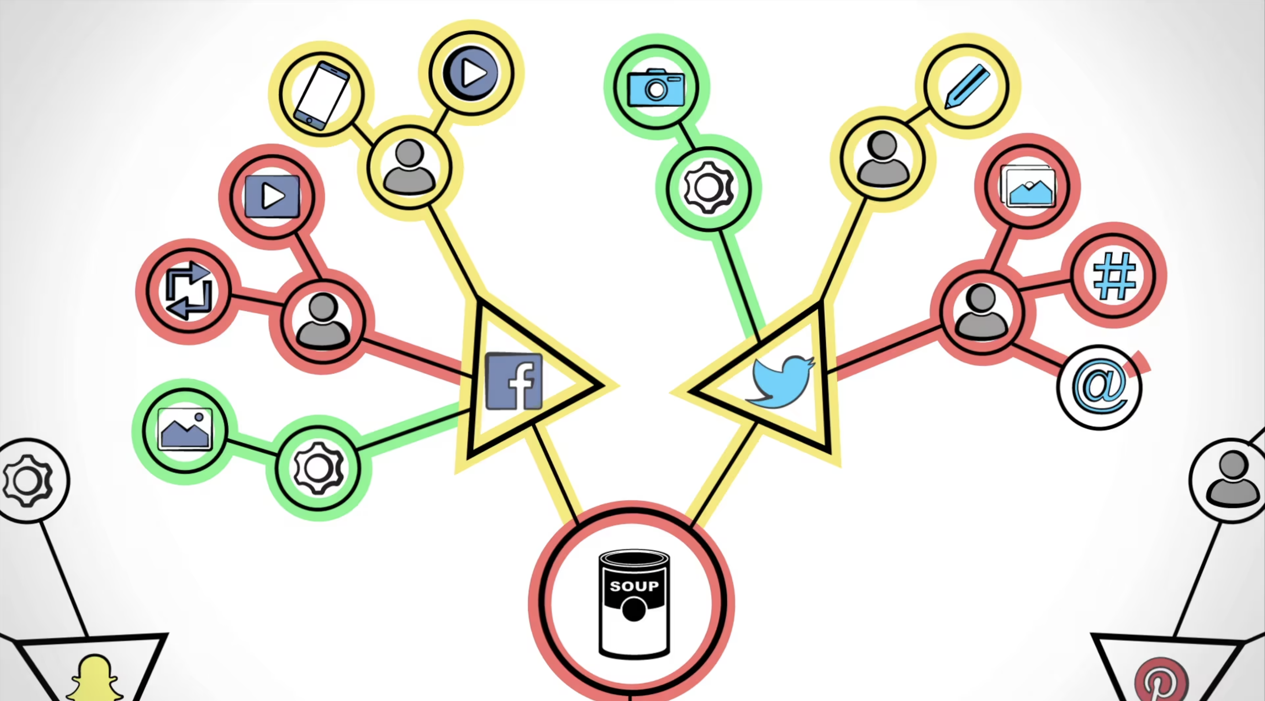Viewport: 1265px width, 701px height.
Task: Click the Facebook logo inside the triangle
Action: (514, 381)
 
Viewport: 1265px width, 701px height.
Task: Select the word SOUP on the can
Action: (634, 586)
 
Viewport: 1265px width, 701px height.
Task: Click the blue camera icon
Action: (656, 88)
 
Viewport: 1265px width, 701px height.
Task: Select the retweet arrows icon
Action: (189, 291)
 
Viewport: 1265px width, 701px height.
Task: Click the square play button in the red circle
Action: (272, 196)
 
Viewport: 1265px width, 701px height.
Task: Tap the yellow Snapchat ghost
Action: (95, 680)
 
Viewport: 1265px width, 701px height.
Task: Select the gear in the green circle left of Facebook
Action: (319, 468)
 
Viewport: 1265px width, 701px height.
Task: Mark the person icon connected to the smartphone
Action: (409, 167)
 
